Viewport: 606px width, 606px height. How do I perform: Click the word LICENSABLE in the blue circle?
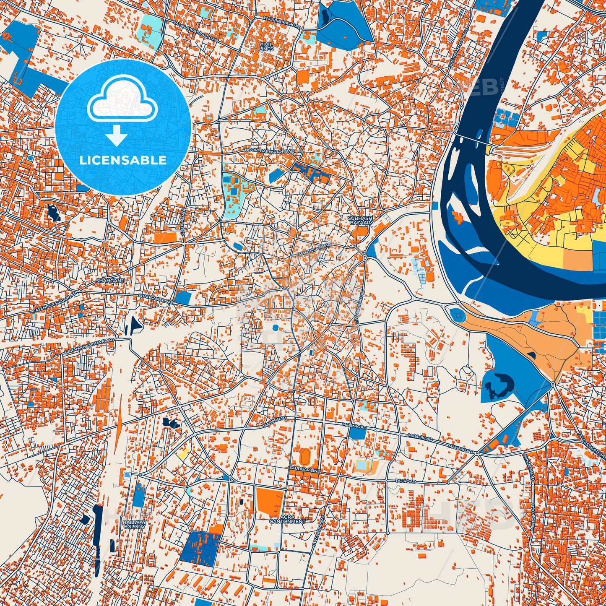pyautogui.click(x=123, y=160)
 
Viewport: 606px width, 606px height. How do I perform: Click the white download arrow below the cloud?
pyautogui.click(x=117, y=135)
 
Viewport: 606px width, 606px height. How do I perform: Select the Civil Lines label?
pyautogui.click(x=266, y=47)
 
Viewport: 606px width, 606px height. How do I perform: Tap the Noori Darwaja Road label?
pyautogui.click(x=270, y=150)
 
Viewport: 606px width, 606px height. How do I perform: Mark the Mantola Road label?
pyautogui.click(x=315, y=251)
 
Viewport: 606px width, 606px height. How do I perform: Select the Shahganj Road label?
pyautogui.click(x=156, y=299)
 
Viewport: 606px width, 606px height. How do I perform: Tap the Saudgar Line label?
pyautogui.click(x=304, y=471)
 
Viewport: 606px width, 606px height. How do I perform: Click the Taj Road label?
pyautogui.click(x=405, y=481)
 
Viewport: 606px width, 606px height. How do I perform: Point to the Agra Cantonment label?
pyautogui.click(x=288, y=519)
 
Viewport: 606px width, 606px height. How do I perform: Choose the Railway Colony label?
pyautogui.click(x=135, y=524)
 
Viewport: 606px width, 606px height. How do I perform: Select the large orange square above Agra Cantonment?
pyautogui.click(x=270, y=502)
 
